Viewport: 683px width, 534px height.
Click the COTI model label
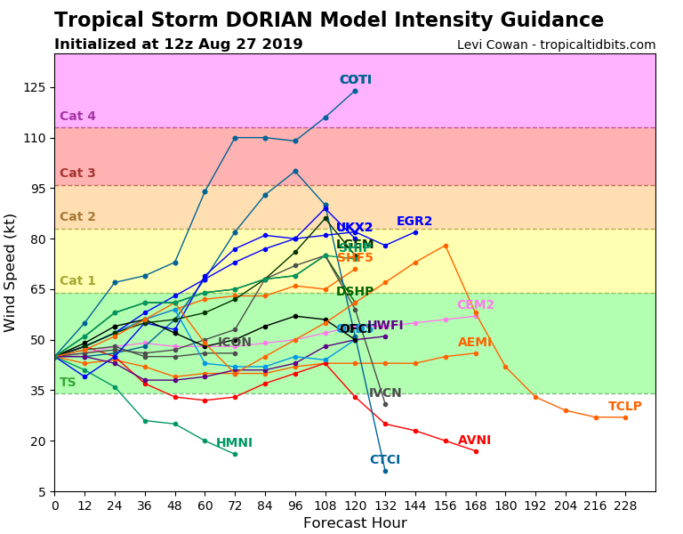point(355,80)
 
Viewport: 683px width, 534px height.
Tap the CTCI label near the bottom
point(385,460)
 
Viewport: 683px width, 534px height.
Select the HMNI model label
point(234,443)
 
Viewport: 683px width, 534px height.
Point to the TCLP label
point(625,407)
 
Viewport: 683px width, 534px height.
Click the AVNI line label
point(474,441)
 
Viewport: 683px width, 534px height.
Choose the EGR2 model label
point(414,222)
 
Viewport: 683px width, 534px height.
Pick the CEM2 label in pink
point(476,305)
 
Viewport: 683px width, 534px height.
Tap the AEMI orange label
point(475,343)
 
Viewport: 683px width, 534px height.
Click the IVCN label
point(385,393)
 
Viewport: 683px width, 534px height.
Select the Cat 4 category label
point(77,117)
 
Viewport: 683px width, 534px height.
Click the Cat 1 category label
point(77,281)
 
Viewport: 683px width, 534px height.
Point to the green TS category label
point(68,383)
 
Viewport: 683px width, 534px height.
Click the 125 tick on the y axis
point(34,87)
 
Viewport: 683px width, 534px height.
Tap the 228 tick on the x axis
point(625,506)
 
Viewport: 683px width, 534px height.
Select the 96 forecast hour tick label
point(294,506)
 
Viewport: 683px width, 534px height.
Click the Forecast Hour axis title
point(355,523)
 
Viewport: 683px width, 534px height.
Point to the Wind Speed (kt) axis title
point(11,272)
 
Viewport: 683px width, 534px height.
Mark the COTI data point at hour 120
point(355,91)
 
